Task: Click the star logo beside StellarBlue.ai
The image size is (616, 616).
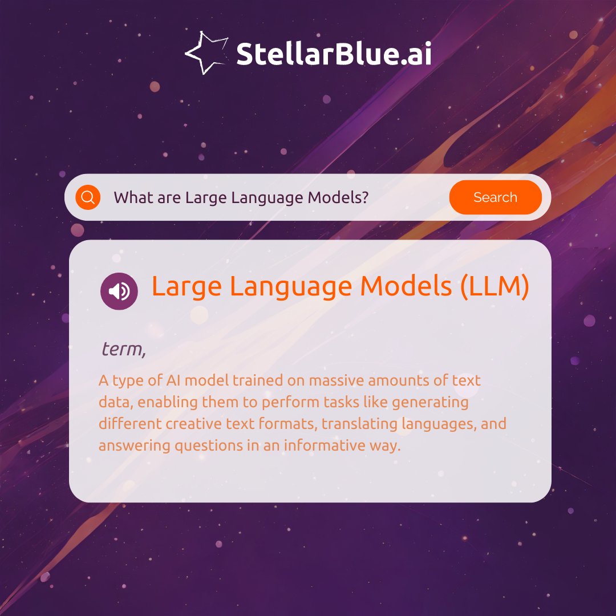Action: [x=205, y=52]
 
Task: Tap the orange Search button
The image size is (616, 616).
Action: [x=495, y=197]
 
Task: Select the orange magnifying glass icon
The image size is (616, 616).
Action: [x=88, y=197]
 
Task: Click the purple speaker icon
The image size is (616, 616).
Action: [x=119, y=291]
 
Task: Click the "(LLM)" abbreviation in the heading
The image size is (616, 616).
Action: [x=495, y=287]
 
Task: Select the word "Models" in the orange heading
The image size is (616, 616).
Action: [x=406, y=287]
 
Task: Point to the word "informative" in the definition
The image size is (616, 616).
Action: [x=315, y=445]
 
